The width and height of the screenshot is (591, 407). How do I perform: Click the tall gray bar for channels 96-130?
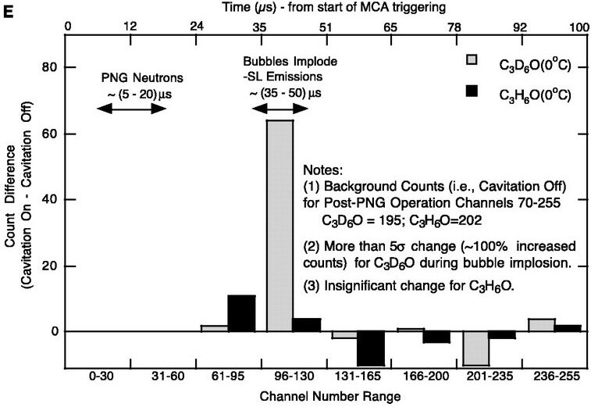[279, 226]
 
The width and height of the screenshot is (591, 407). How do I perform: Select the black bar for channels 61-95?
[241, 313]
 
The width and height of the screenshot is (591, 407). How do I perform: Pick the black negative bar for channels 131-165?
[371, 348]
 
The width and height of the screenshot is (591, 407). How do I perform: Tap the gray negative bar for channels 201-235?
[475, 348]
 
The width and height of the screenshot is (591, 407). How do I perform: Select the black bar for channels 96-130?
[306, 325]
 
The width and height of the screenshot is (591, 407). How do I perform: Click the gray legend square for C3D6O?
[472, 59]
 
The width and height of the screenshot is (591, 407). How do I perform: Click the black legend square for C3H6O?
[472, 91]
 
